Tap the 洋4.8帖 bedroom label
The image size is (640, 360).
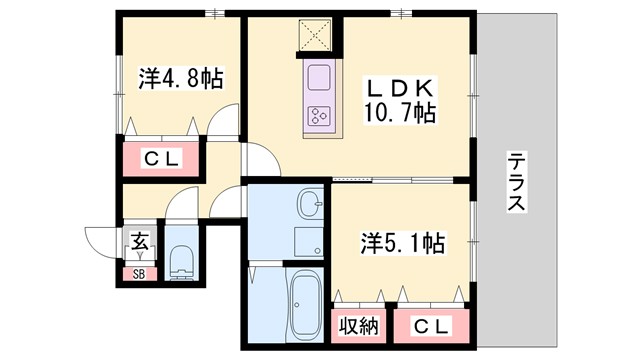click(x=179, y=77)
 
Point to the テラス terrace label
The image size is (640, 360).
click(x=516, y=181)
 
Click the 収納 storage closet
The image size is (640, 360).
click(x=357, y=326)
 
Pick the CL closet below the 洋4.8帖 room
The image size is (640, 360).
click(x=161, y=158)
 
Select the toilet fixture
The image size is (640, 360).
click(x=182, y=262)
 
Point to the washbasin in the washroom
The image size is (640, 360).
click(x=311, y=206)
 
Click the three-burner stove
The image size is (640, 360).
click(x=321, y=116)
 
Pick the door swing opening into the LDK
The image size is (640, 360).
click(x=262, y=160)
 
